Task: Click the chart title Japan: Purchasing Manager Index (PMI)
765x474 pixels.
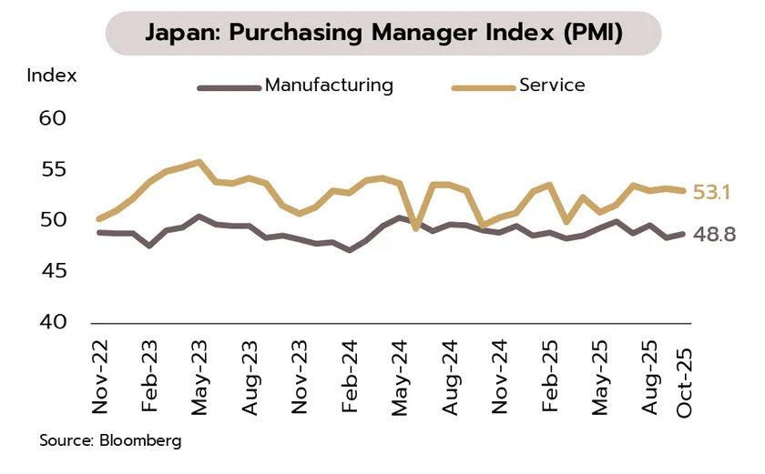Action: pos(383,33)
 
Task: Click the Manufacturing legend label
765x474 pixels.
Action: pos(329,86)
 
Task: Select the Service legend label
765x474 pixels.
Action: pos(551,86)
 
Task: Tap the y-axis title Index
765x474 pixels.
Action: pos(52,75)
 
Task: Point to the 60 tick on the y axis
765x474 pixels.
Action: pos(53,118)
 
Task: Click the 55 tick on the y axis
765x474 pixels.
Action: pos(53,169)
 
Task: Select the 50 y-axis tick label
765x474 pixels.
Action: pos(53,220)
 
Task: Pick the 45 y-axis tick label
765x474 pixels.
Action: pos(53,271)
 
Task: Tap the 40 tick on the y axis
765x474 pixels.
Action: pos(53,322)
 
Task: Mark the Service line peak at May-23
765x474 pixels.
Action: pos(199,162)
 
